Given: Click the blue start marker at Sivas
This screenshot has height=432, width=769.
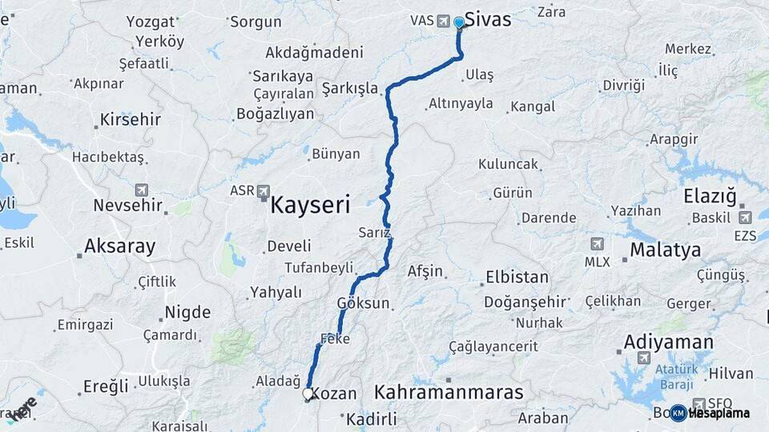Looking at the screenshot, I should pyautogui.click(x=459, y=22).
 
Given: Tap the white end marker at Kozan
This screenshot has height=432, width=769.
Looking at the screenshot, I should pyautogui.click(x=308, y=394).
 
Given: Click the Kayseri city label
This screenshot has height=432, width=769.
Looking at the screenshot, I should pyautogui.click(x=311, y=206).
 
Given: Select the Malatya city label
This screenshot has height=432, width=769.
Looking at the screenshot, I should pyautogui.click(x=665, y=250).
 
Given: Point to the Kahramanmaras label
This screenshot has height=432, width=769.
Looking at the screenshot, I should pyautogui.click(x=449, y=393).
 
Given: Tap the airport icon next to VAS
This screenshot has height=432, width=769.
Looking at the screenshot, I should pyautogui.click(x=444, y=21).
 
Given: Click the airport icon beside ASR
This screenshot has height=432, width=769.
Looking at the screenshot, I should pyautogui.click(x=264, y=190).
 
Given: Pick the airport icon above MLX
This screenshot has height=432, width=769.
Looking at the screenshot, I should pyautogui.click(x=597, y=244).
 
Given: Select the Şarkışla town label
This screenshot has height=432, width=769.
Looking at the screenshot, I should pyautogui.click(x=350, y=88).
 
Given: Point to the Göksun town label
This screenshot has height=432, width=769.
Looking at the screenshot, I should pyautogui.click(x=363, y=303).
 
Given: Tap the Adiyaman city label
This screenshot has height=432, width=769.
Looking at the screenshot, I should pyautogui.click(x=668, y=342).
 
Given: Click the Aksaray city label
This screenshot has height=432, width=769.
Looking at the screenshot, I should pyautogui.click(x=119, y=246).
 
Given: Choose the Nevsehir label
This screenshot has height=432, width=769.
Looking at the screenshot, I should pyautogui.click(x=128, y=205).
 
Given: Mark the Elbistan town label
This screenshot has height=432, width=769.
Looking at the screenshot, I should pyautogui.click(x=517, y=278).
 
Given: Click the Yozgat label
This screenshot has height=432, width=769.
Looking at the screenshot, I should pyautogui.click(x=150, y=22).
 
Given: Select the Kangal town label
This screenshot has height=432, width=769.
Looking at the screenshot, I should pyautogui.click(x=532, y=106).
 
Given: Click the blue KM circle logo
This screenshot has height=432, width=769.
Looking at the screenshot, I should pyautogui.click(x=678, y=413).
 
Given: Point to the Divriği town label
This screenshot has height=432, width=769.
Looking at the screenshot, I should pyautogui.click(x=624, y=85).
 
